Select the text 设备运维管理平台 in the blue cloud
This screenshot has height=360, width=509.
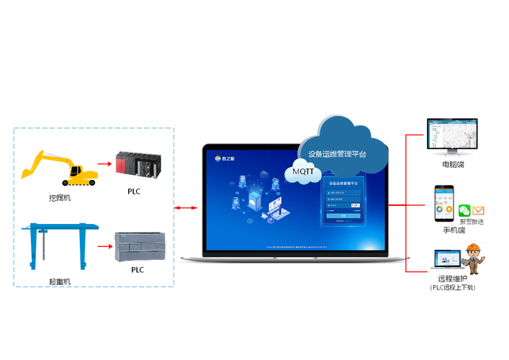(x=337, y=153)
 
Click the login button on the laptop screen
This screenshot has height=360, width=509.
(x=343, y=215)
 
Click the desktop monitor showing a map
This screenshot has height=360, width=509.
(x=452, y=137)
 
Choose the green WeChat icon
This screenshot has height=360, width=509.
(x=465, y=210)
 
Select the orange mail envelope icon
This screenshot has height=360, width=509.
(x=479, y=210)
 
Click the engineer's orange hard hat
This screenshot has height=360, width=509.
(x=473, y=248)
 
